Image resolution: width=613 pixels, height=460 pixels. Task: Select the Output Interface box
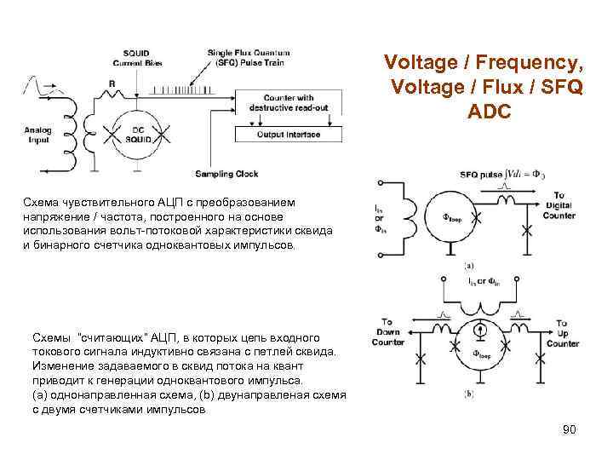(287, 134)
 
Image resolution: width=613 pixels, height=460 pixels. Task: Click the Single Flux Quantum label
(248, 53)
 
